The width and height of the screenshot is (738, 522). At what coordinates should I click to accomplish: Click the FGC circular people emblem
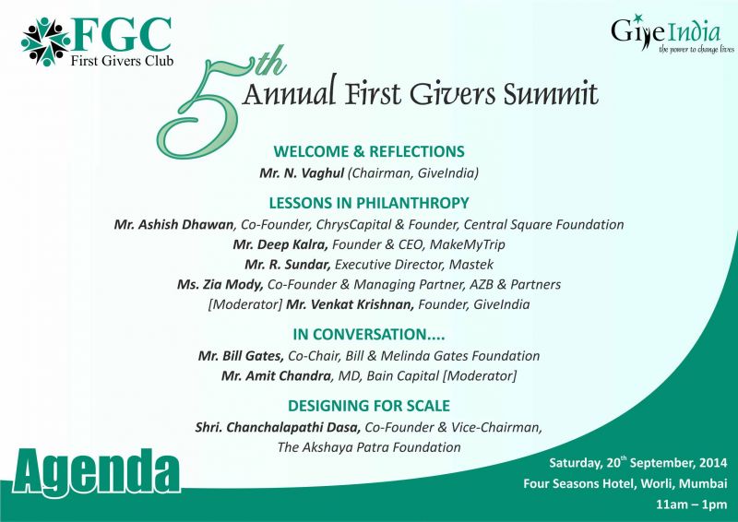pos(45,42)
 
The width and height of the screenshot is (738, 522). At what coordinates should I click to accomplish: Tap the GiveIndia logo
pos(673,34)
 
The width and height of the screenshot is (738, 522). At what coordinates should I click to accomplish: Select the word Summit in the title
pos(551,93)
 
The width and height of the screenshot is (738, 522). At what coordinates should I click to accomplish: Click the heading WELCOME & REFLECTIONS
pos(369,151)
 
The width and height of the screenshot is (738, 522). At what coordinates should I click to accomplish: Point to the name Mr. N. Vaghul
pos(302,173)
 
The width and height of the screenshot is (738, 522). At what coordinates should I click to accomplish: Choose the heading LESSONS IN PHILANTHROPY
pos(369,203)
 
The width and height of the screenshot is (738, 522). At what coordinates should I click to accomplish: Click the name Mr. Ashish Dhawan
pos(173,224)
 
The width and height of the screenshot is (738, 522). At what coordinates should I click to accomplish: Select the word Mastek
pos(471,265)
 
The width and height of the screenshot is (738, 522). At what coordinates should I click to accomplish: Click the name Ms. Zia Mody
pos(220,285)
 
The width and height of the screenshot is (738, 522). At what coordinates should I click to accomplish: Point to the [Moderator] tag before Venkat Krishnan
pos(245,305)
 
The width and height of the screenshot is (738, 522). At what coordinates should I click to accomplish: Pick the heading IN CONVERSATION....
pos(369,334)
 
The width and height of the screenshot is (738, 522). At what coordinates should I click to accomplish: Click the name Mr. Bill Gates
pos(241,356)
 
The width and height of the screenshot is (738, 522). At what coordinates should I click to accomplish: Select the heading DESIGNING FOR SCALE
pos(369,406)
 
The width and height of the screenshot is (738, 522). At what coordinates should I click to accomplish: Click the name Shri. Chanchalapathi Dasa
pos(279,427)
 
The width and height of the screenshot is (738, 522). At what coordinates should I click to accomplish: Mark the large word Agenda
pos(97,472)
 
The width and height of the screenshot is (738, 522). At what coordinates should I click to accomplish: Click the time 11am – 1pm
pos(691,504)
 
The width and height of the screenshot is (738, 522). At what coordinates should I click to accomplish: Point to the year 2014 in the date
pos(713,463)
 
